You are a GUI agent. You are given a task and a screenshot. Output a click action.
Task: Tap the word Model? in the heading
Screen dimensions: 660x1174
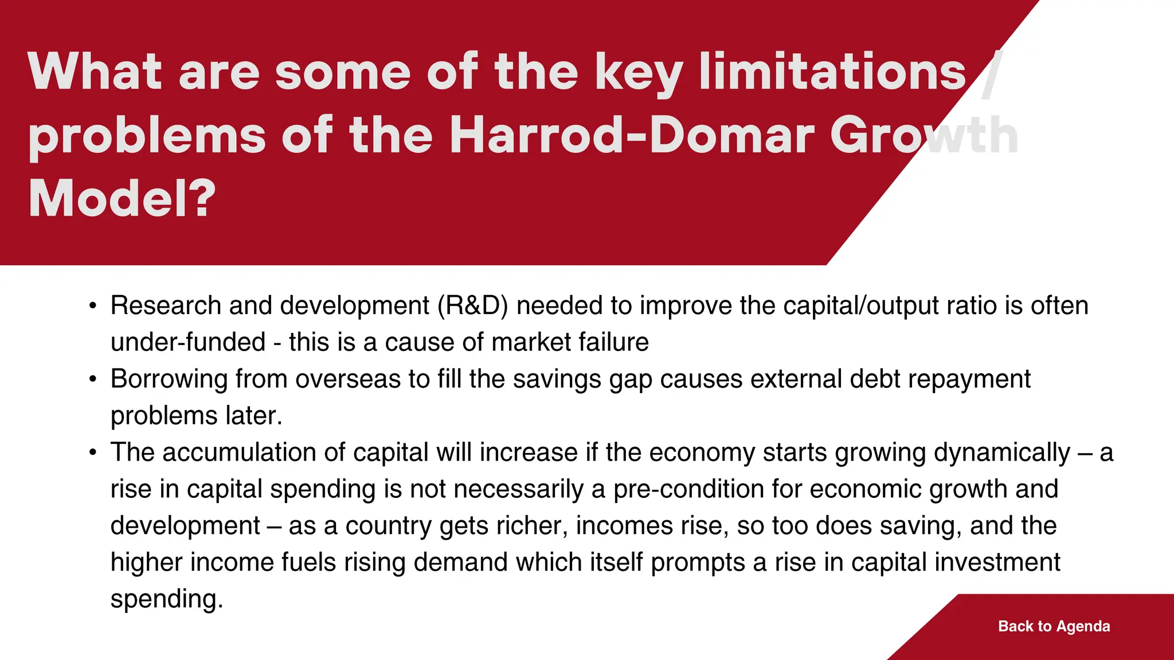click(122, 198)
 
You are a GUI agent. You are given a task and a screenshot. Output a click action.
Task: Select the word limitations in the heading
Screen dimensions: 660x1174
click(832, 72)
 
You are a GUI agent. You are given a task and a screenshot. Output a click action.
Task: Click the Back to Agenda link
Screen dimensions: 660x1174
click(1054, 626)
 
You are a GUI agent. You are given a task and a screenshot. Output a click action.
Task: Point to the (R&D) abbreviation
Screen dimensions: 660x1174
click(473, 305)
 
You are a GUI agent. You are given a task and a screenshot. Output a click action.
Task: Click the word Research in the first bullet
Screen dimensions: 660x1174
click(166, 305)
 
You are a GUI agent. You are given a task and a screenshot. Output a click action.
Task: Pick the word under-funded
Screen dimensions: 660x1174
click(188, 342)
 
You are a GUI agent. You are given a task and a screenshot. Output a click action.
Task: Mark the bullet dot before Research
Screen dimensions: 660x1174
click(93, 306)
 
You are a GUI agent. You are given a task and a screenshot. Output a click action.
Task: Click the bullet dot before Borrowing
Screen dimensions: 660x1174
click(93, 379)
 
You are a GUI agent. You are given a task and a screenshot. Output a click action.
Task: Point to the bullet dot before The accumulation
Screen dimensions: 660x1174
click(93, 453)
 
